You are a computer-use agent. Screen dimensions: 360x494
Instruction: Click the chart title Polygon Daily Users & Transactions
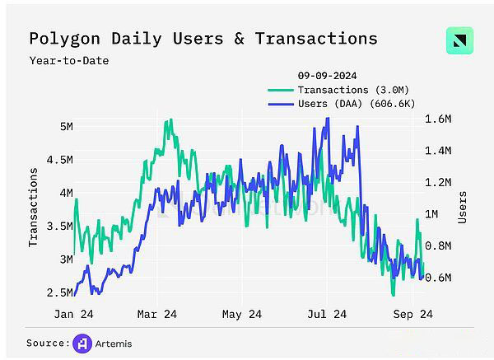tap(203, 39)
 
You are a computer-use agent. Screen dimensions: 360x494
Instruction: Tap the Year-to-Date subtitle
tap(68, 60)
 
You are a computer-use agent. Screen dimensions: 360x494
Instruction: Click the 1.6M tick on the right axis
tap(438, 119)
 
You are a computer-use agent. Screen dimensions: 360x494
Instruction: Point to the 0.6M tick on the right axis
tap(438, 277)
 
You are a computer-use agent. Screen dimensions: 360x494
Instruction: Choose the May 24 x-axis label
tap(242, 314)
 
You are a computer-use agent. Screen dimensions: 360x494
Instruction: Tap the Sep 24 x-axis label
tap(412, 314)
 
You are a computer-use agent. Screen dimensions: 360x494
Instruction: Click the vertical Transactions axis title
tap(34, 207)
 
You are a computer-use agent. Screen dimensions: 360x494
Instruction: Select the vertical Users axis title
tap(463, 207)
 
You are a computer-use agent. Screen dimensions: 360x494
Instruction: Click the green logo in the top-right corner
tap(459, 41)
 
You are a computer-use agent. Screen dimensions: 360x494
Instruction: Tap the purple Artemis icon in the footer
tap(82, 343)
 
